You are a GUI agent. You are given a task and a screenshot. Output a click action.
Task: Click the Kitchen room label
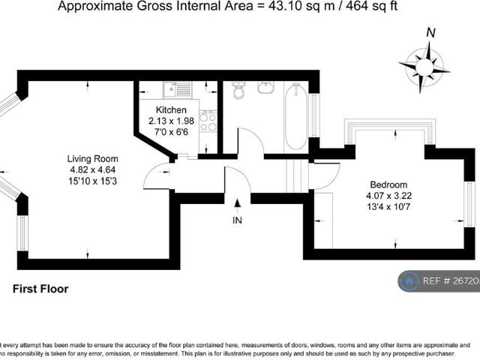coord(171,110)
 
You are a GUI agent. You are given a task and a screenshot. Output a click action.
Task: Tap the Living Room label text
coord(92,159)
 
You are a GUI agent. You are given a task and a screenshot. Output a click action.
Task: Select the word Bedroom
coord(388,185)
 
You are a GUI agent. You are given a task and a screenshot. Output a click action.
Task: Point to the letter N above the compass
coord(430,32)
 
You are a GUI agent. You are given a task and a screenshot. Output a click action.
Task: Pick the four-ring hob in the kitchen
coord(208,121)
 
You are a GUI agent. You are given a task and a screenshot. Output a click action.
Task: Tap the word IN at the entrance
coord(238,221)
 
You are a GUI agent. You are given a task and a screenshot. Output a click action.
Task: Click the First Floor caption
coord(40,289)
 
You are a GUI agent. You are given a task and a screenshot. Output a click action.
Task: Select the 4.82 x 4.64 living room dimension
coord(92,169)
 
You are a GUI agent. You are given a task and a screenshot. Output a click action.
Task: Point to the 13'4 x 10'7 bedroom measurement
coord(388,207)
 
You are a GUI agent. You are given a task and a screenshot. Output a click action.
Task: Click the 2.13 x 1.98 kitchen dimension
coord(171,121)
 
